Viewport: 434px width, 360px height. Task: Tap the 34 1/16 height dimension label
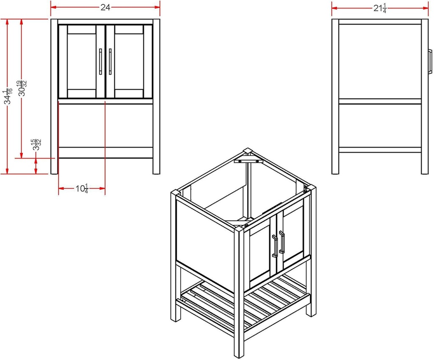[7, 97]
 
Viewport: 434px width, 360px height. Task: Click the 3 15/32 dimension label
[37, 145]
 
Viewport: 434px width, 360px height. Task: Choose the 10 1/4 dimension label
[81, 188]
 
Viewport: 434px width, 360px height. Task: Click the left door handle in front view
[100, 63]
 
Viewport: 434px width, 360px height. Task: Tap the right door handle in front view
[110, 63]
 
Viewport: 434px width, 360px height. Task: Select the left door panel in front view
[81, 61]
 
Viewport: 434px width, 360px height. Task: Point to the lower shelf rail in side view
[380, 150]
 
